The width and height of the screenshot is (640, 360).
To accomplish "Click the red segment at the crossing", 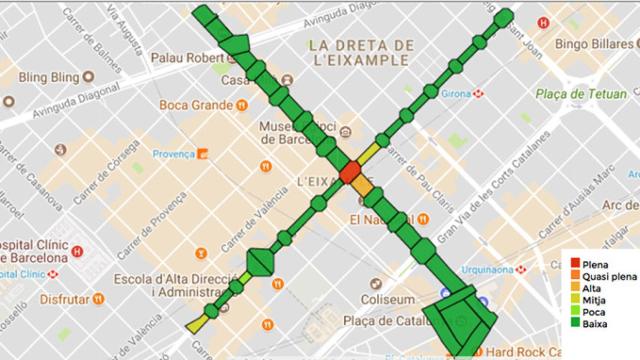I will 350,172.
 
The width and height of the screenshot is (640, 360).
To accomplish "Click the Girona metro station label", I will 455,94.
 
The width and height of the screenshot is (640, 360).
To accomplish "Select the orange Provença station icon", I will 201,154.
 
